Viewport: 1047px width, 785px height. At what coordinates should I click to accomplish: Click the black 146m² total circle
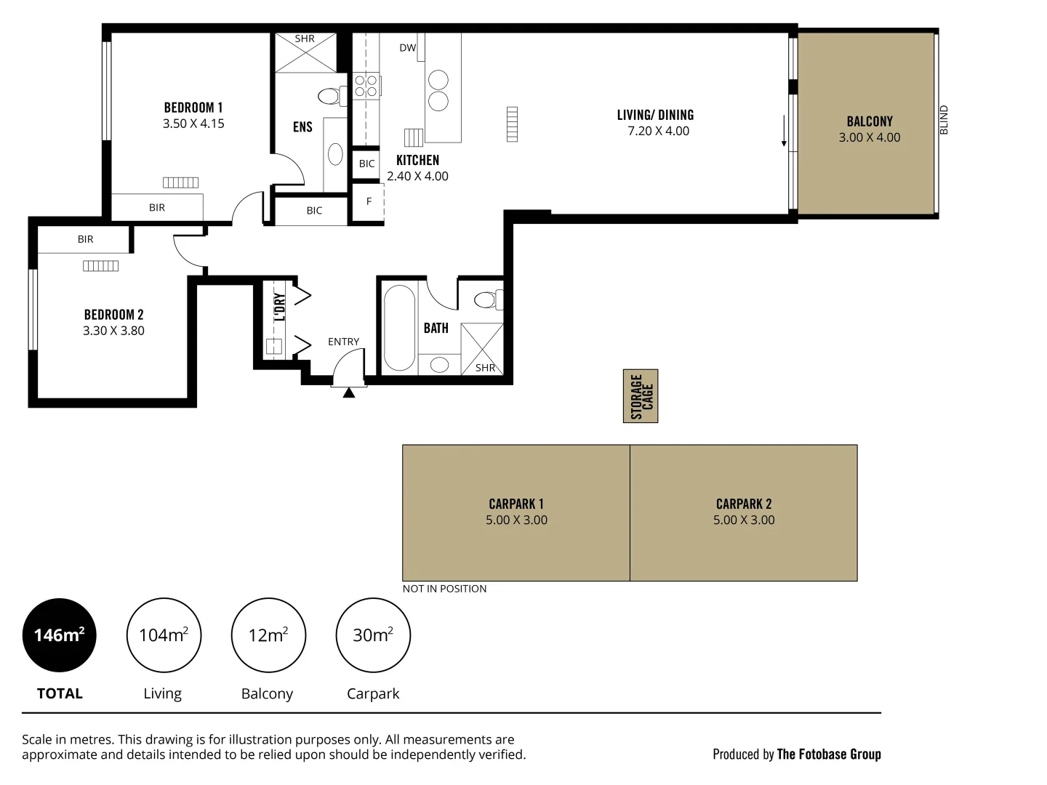tap(59, 635)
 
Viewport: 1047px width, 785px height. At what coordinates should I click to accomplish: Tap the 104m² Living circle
tap(164, 635)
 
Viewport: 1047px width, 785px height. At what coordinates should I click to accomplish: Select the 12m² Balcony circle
tap(268, 635)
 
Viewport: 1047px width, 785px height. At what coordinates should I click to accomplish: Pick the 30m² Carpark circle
tap(373, 635)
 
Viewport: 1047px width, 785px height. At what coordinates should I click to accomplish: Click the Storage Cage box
tap(640, 395)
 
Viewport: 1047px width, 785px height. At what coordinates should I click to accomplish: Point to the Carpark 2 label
tap(743, 504)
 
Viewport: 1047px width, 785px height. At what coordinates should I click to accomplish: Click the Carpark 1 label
tap(516, 504)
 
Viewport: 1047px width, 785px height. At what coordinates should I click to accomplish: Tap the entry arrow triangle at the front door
tap(349, 392)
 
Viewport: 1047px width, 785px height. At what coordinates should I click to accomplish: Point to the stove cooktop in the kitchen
tap(366, 86)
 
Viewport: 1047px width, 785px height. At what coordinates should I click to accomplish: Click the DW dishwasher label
tap(407, 48)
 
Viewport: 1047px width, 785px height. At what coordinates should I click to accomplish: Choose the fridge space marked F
tap(368, 201)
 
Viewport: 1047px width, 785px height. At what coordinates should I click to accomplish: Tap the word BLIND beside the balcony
tap(944, 120)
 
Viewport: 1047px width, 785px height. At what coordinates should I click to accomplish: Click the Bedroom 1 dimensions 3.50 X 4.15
tap(193, 124)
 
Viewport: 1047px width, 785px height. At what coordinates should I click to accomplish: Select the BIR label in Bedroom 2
tap(85, 239)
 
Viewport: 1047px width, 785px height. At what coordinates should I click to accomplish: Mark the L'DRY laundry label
tap(280, 307)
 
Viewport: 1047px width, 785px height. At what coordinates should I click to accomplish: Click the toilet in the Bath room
tap(489, 299)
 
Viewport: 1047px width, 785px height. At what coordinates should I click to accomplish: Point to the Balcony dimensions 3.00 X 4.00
tap(869, 137)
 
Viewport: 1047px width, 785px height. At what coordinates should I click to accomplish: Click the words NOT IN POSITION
tap(444, 589)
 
